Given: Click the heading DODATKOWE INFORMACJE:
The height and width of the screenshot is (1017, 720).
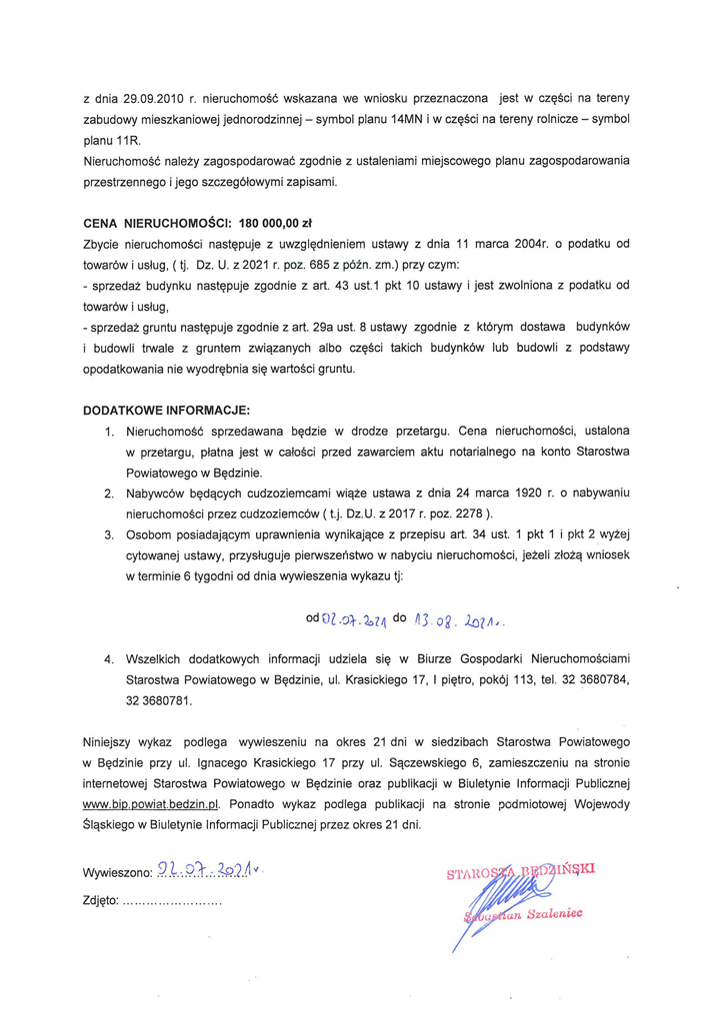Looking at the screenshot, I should tap(166, 410).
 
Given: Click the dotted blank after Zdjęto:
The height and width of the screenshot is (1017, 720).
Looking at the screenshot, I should tap(171, 900).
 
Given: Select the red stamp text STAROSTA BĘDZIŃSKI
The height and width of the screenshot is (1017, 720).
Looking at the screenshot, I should tap(520, 871).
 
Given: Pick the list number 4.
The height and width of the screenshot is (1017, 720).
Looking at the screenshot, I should tap(108, 660).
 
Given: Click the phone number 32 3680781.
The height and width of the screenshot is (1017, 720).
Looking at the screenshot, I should tap(159, 700).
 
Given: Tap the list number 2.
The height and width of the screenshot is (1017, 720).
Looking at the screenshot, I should tap(108, 494).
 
